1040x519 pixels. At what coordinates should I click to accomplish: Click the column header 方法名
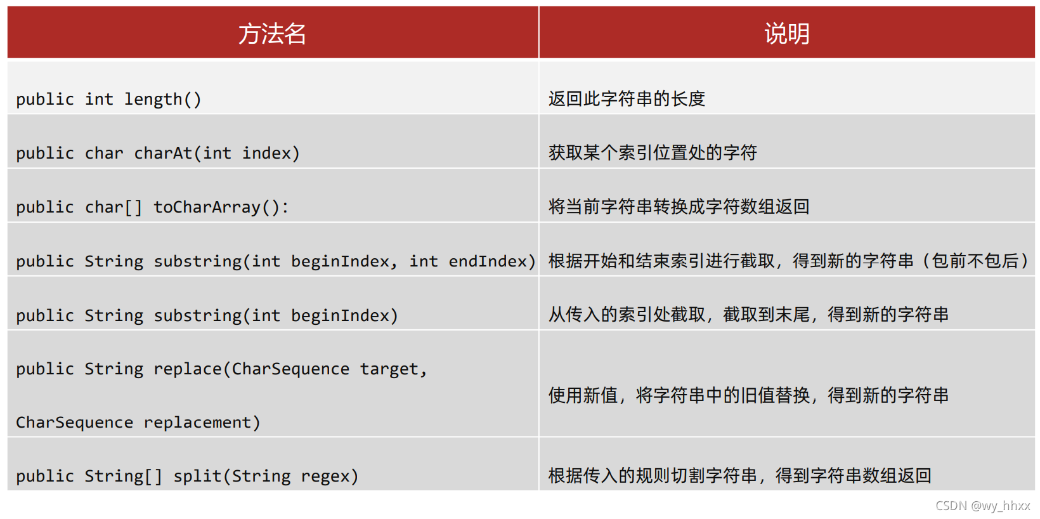(x=272, y=34)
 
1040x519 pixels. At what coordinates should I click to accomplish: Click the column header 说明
(x=786, y=34)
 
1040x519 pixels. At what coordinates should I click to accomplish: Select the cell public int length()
(x=108, y=100)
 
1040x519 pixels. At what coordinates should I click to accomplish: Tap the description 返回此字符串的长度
(x=627, y=99)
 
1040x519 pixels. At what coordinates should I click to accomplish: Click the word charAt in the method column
(x=163, y=154)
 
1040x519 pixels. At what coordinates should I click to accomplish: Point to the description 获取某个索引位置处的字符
(x=653, y=153)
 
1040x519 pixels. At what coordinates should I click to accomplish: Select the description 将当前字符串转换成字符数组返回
(x=679, y=207)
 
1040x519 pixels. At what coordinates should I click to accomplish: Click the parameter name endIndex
(x=488, y=261)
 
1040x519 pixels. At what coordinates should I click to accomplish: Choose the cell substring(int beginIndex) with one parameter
(x=207, y=315)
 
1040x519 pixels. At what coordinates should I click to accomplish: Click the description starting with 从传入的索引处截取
(x=748, y=315)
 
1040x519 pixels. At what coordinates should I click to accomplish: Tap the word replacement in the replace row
(x=197, y=423)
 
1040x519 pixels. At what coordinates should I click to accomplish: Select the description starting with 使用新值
(x=748, y=396)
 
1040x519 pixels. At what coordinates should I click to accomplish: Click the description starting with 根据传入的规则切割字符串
(x=739, y=476)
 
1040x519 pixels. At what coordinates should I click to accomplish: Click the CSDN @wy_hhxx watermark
(x=982, y=506)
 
